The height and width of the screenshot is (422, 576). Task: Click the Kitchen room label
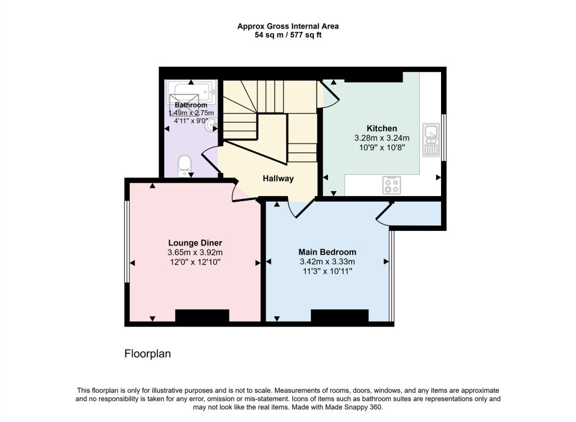pyautogui.click(x=382, y=128)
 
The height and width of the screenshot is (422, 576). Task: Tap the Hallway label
pyautogui.click(x=278, y=179)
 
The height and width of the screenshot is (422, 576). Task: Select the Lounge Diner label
pyautogui.click(x=191, y=243)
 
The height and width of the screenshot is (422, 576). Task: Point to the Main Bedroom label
pyautogui.click(x=327, y=252)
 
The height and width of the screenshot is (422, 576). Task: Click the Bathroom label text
pyautogui.click(x=191, y=105)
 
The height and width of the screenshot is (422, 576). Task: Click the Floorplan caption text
pyautogui.click(x=147, y=354)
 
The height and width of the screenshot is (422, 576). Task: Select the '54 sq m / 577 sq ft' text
pyautogui.click(x=287, y=35)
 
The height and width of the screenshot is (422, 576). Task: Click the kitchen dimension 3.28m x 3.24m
pyautogui.click(x=382, y=138)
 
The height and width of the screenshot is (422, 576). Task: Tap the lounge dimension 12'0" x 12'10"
pyautogui.click(x=191, y=262)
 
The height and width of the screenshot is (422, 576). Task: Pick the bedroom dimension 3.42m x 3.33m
pyautogui.click(x=327, y=261)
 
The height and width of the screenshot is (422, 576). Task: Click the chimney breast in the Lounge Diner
pyautogui.click(x=202, y=316)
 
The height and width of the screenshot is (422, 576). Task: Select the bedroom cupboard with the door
pyautogui.click(x=416, y=214)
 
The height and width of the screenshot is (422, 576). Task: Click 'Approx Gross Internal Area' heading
pyautogui.click(x=287, y=26)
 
